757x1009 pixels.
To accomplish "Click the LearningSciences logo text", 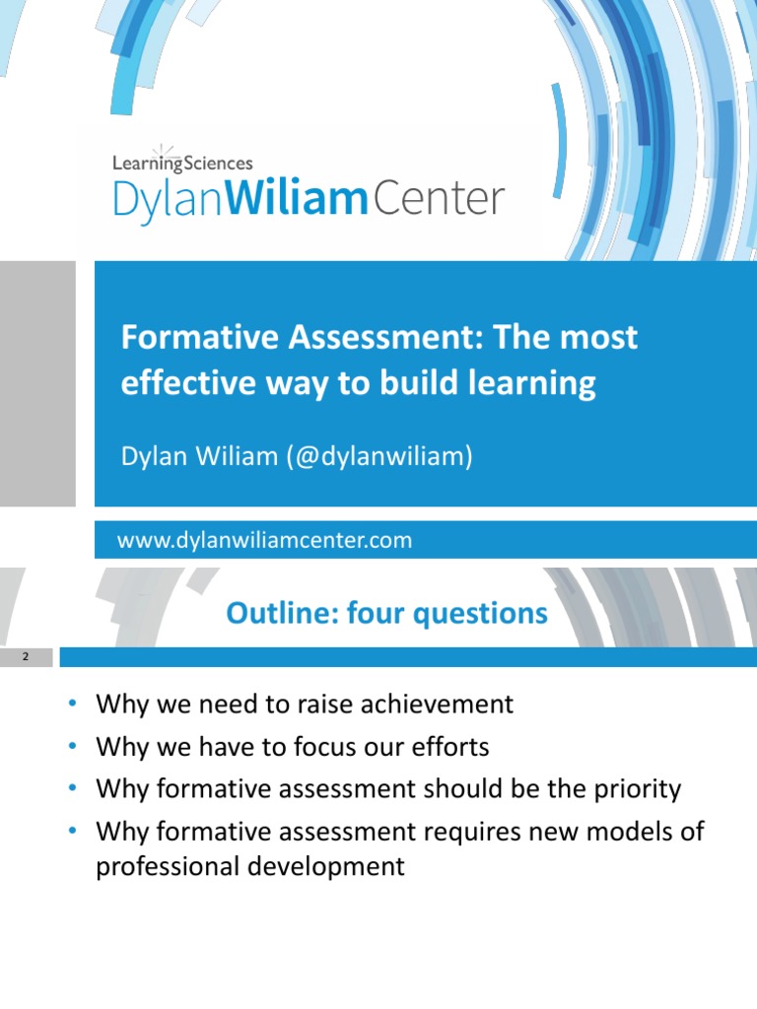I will click(182, 164).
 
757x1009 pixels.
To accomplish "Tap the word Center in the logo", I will click(438, 200).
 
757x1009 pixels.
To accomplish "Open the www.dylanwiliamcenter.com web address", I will click(264, 540).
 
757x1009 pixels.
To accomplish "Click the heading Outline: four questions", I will click(386, 614).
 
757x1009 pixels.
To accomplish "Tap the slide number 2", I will click(26, 656).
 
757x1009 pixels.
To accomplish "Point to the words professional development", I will click(249, 866).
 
